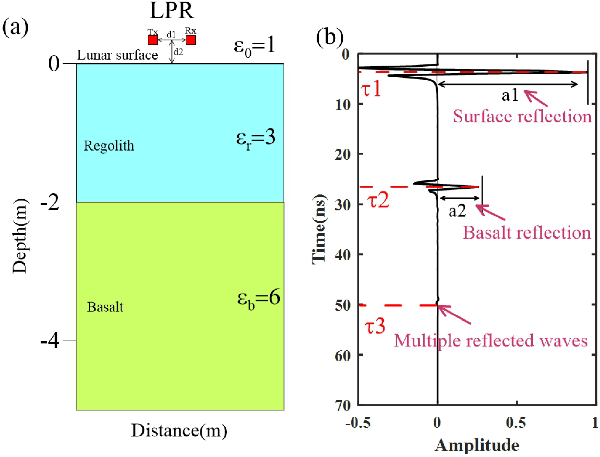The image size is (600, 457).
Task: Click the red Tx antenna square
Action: click(x=152, y=40)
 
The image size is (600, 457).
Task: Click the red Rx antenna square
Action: click(x=191, y=40)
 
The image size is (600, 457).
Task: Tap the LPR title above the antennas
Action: click(x=172, y=10)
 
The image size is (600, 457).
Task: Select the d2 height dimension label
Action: click(x=178, y=52)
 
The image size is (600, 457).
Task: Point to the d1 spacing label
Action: click(x=171, y=34)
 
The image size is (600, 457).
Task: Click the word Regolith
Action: click(x=109, y=146)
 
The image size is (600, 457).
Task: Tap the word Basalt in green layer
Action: click(x=105, y=307)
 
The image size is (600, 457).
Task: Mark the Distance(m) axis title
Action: click(x=179, y=431)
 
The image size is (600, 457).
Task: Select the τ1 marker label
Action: click(x=371, y=89)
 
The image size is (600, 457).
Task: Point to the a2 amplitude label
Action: click(x=457, y=211)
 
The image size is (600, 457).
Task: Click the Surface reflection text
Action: click(x=522, y=117)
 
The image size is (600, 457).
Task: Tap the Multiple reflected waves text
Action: click(x=490, y=341)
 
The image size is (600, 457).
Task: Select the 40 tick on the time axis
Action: click(x=342, y=255)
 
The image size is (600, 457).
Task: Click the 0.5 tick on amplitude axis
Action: click(x=516, y=423)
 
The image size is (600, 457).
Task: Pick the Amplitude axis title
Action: click(x=477, y=445)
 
